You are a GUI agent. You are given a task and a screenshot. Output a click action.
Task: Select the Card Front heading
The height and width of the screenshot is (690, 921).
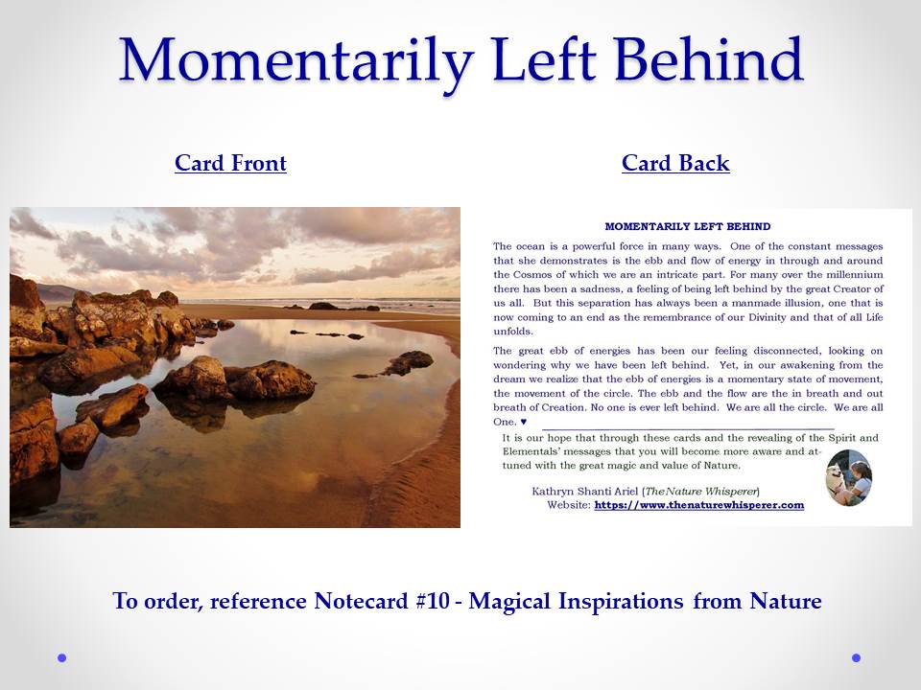[230, 163]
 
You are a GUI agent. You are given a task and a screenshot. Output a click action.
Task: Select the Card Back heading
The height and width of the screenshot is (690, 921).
[675, 163]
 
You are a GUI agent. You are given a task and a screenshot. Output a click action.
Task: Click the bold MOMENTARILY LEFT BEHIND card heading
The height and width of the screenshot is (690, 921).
[687, 226]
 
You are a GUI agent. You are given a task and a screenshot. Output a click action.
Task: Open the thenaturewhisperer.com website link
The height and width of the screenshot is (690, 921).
[699, 505]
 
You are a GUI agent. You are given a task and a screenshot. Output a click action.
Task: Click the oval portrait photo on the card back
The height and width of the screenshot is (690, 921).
[849, 477]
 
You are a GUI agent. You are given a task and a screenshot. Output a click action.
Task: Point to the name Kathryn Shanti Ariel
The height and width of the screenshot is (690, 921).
[584, 491]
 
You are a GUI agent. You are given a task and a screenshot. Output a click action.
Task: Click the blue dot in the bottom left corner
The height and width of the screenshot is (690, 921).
[61, 657]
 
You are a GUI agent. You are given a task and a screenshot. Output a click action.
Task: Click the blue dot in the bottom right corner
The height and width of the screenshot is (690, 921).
[856, 657]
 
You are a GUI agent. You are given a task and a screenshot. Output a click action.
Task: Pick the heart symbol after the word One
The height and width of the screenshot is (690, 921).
[524, 422]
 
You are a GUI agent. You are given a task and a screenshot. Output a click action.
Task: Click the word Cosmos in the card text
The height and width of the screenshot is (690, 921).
[532, 275]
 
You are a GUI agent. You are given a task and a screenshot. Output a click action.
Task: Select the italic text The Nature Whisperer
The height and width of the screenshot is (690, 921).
[701, 491]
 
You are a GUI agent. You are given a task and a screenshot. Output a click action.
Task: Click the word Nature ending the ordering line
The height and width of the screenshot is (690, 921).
[786, 601]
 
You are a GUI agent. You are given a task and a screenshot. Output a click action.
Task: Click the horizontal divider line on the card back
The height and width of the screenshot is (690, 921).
[687, 429]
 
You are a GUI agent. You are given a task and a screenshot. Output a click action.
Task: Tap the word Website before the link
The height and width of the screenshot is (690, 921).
[569, 505]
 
